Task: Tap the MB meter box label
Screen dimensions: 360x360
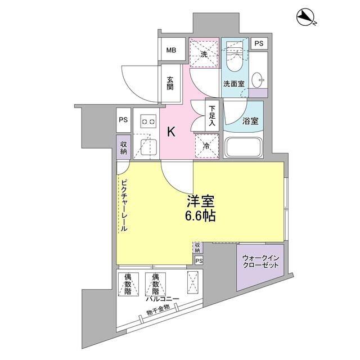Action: (x=171, y=50)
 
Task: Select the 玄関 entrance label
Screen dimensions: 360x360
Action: (x=170, y=83)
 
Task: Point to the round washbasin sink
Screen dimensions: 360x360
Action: (x=257, y=80)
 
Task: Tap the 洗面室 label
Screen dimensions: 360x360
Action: (x=234, y=84)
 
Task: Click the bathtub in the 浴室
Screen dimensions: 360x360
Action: (x=244, y=147)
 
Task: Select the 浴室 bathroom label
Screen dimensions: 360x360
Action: (x=250, y=121)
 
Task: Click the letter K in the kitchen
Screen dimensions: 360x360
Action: (x=171, y=132)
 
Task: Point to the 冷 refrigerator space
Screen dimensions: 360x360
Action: (x=206, y=146)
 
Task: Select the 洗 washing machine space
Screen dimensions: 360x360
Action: (x=204, y=53)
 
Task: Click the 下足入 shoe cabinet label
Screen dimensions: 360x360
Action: (x=211, y=115)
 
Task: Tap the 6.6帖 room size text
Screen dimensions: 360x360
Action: (x=200, y=216)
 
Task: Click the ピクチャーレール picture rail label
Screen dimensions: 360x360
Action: (x=124, y=205)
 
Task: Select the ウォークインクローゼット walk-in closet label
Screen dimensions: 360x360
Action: (x=260, y=262)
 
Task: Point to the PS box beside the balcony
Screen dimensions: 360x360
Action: (x=199, y=261)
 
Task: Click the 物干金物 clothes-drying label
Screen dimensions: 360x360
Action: (x=158, y=309)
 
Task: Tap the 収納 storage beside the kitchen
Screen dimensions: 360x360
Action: (x=124, y=147)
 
